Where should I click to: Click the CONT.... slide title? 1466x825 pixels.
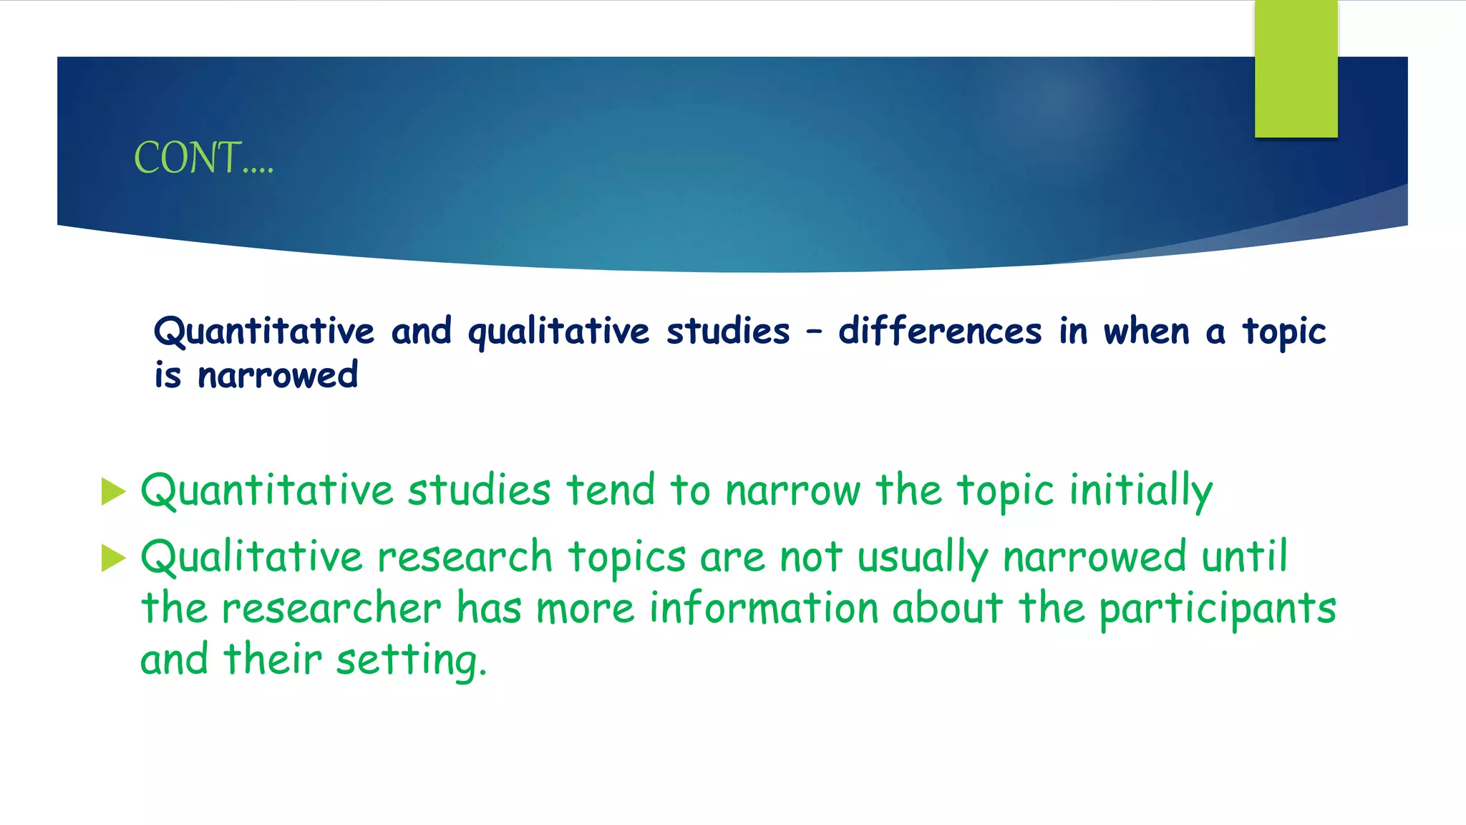(x=203, y=158)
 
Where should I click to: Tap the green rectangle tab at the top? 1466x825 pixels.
(x=1296, y=69)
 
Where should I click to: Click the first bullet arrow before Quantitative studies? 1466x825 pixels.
(x=113, y=492)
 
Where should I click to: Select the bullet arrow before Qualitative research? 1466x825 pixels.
(x=113, y=558)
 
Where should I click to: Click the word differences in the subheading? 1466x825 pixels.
(x=940, y=331)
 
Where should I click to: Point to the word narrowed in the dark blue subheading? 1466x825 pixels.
(x=278, y=375)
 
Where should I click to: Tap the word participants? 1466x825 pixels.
(x=1217, y=609)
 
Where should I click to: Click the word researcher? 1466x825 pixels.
(x=331, y=609)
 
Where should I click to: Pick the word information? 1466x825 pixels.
(x=763, y=609)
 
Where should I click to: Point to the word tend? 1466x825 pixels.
(x=610, y=491)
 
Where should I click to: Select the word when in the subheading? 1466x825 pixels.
(x=1146, y=331)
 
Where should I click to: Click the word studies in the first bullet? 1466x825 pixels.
(x=479, y=491)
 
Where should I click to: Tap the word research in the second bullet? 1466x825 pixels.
(x=465, y=557)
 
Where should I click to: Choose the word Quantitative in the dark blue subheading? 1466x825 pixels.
(x=264, y=332)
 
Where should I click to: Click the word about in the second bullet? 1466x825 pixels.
(x=947, y=609)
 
